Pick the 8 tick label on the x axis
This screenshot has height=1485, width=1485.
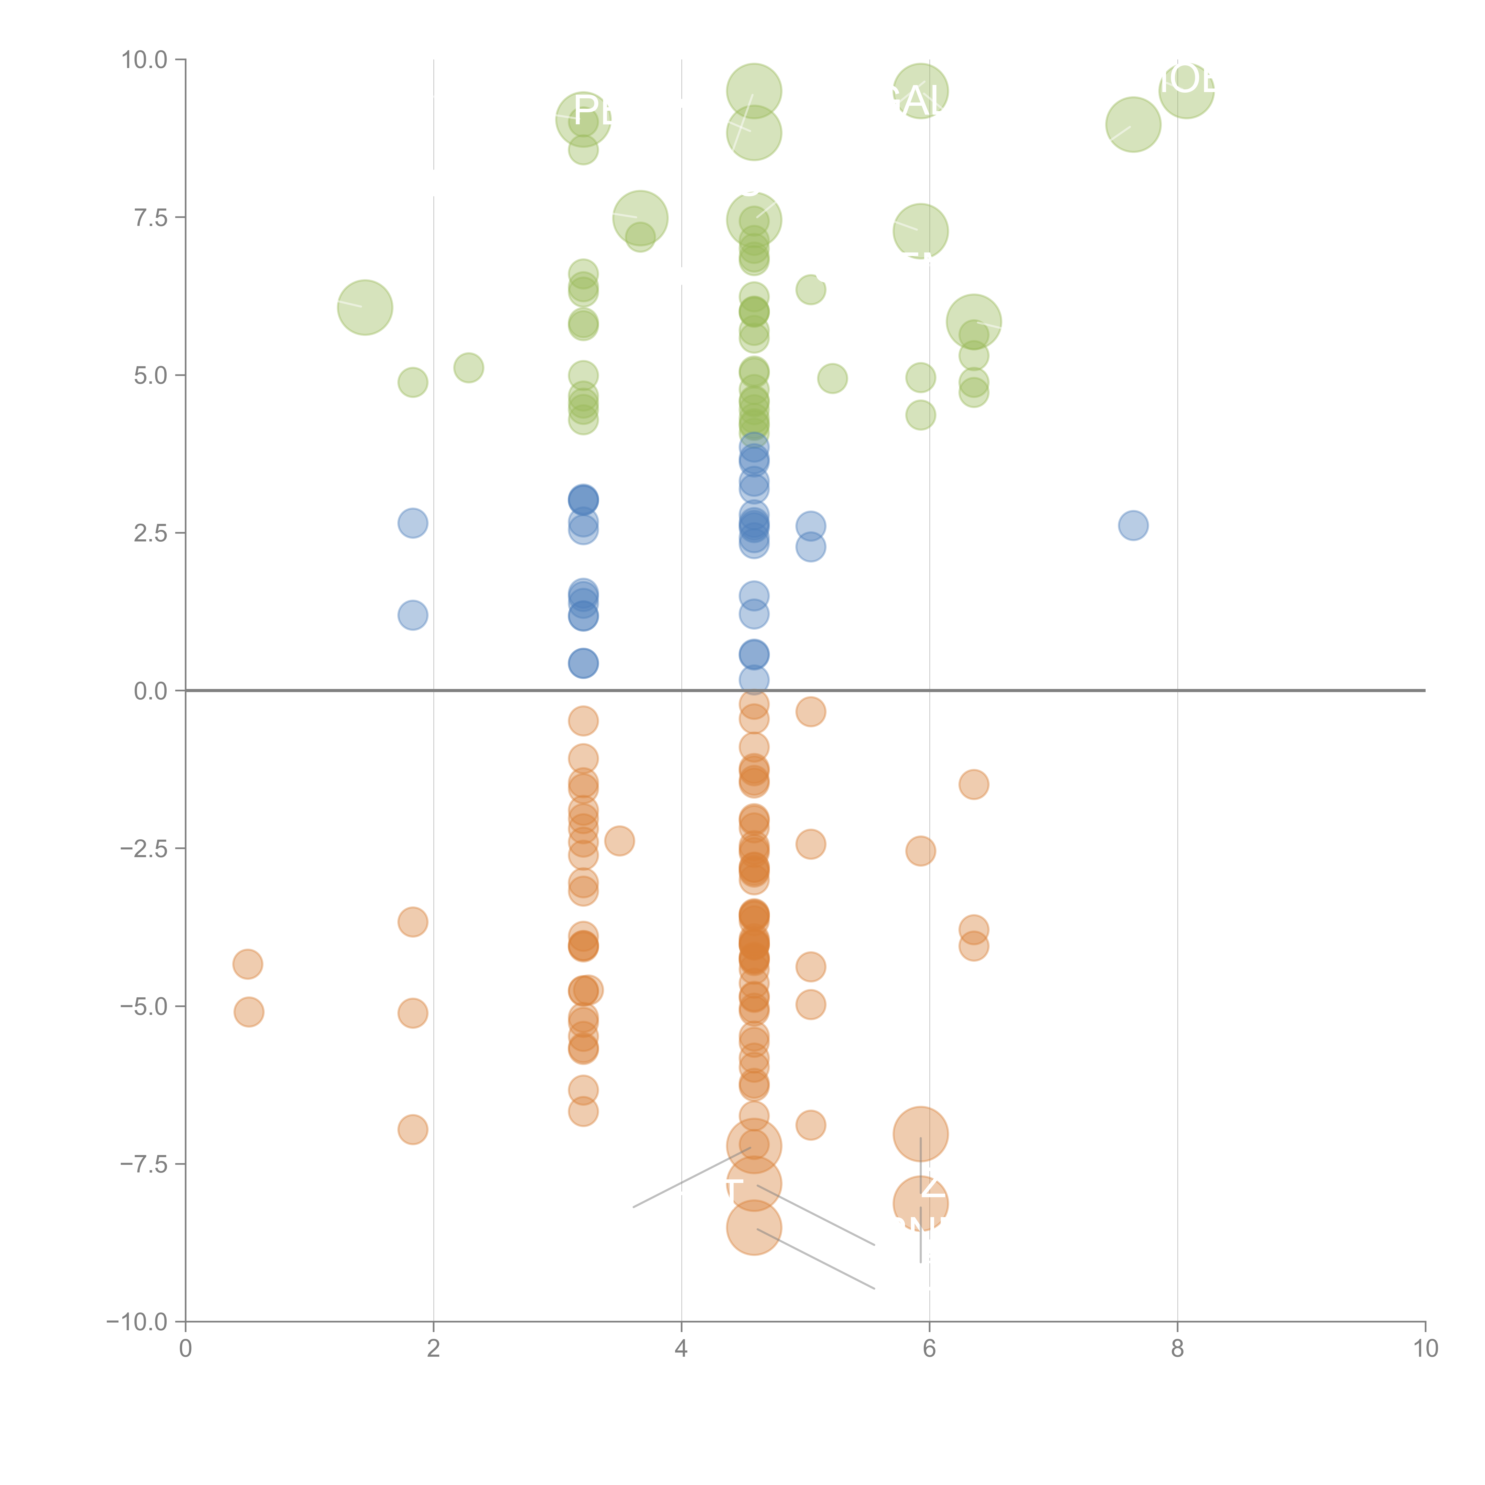pos(1178,1349)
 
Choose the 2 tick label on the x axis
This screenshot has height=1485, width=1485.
pos(434,1349)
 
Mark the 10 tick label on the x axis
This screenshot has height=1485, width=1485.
pos(1425,1349)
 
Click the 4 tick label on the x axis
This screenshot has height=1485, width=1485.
pos(681,1349)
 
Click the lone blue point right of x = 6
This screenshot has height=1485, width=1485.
pos(1133,526)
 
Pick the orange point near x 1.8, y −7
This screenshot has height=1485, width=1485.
pos(413,1129)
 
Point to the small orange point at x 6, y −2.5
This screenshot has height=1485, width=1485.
pos(920,851)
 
